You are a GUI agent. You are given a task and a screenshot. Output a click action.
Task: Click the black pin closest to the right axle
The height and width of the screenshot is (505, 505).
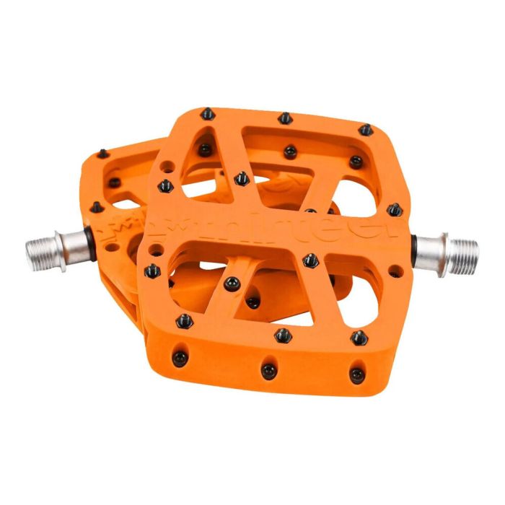tap(394, 210)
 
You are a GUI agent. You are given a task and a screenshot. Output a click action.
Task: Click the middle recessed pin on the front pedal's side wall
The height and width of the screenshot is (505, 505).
tap(268, 370)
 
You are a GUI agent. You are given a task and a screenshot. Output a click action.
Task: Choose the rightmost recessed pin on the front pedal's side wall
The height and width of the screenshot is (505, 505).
tap(356, 374)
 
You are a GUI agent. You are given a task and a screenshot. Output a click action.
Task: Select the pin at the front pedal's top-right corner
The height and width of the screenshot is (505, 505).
tap(366, 130)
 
